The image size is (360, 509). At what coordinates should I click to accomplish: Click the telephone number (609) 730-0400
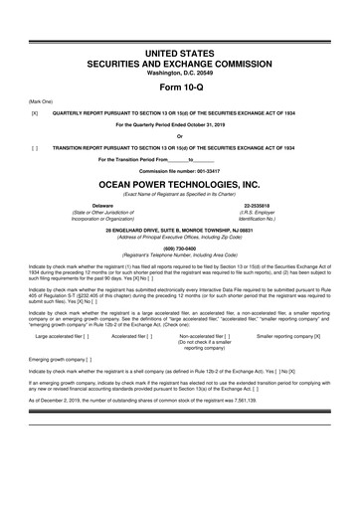point(179,249)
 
